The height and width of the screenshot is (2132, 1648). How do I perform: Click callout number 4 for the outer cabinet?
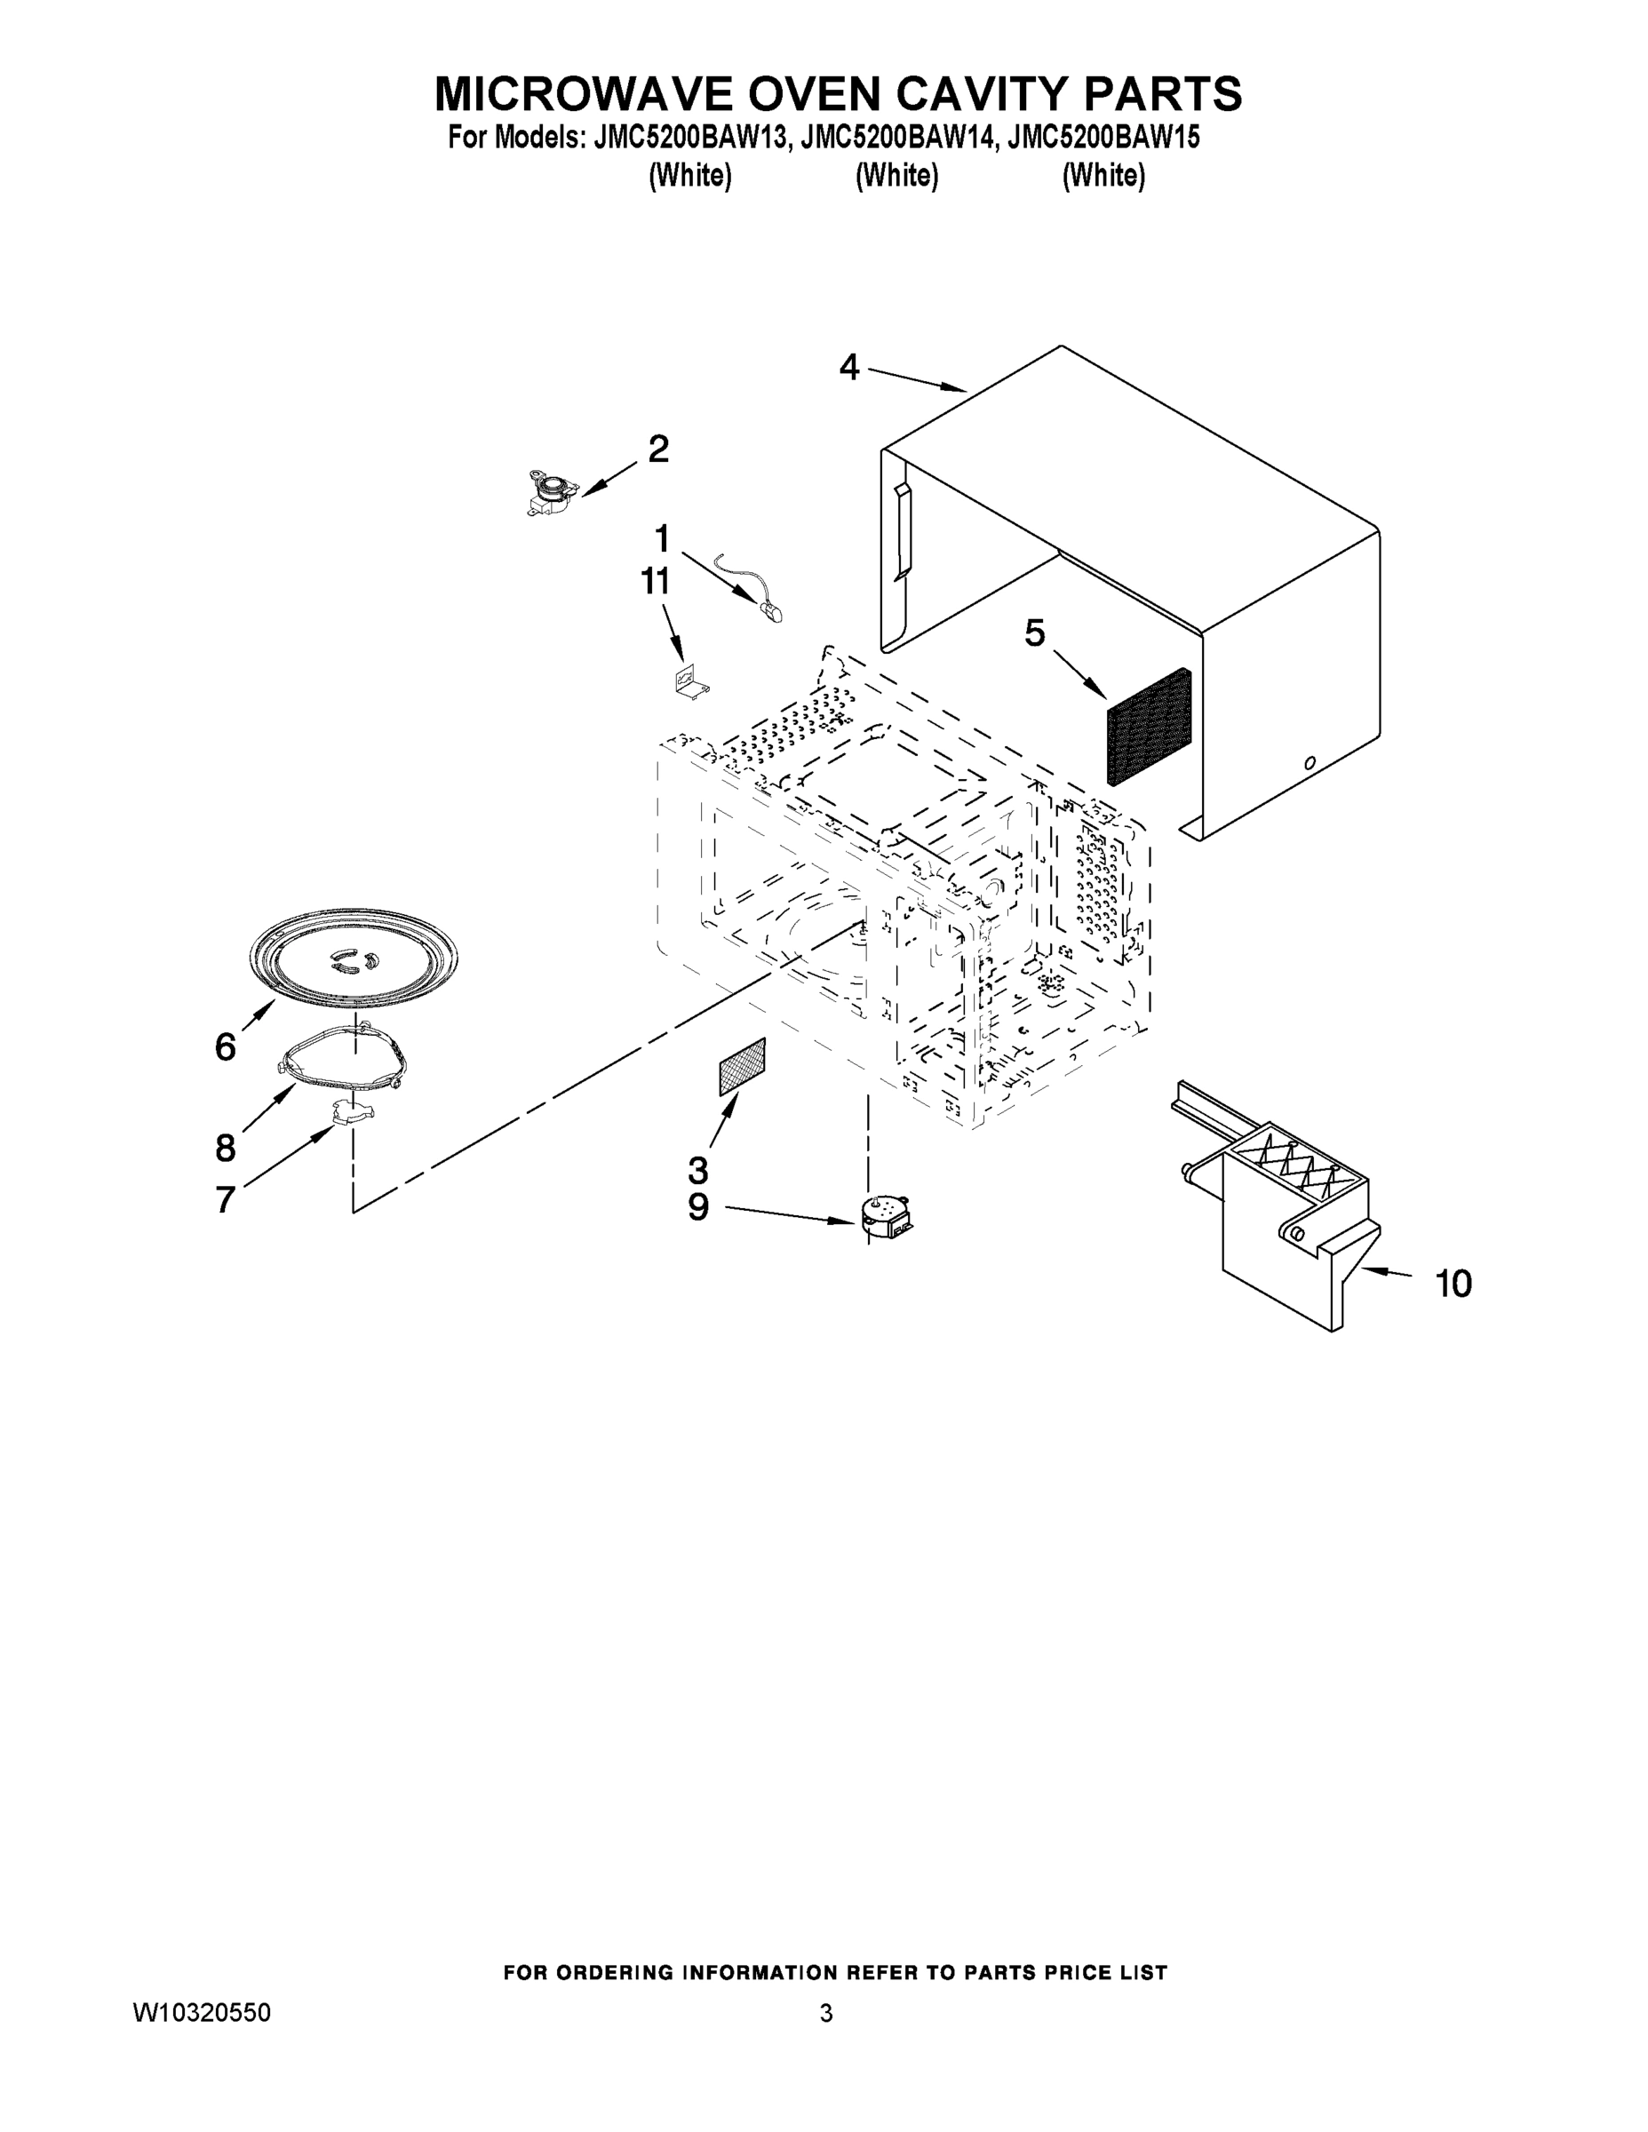tap(848, 368)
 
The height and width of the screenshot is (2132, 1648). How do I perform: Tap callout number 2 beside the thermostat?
tap(659, 449)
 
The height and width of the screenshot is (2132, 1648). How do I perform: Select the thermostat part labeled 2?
tap(546, 490)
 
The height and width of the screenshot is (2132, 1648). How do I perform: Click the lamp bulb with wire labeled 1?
tap(767, 608)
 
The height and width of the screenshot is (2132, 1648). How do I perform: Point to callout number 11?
tap(655, 581)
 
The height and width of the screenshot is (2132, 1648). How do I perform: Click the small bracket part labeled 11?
tap(691, 680)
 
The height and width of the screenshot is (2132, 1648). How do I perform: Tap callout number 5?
tap(1034, 633)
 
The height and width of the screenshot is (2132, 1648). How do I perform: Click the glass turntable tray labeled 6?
tap(354, 958)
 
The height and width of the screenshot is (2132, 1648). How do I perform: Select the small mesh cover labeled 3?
tap(742, 1067)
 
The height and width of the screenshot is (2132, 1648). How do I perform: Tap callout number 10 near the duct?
tap(1453, 1283)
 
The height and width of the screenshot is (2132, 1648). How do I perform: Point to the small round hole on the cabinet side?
tap(1310, 762)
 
